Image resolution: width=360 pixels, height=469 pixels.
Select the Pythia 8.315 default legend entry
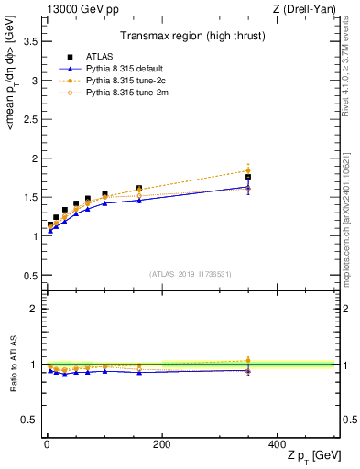(x=114, y=69)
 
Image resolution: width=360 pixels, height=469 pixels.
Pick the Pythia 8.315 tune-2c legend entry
(x=114, y=80)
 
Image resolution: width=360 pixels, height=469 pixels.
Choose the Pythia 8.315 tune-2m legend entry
(x=114, y=91)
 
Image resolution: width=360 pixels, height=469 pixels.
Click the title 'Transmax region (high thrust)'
(x=191, y=38)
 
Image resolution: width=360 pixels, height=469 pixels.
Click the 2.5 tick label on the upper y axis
(x=29, y=119)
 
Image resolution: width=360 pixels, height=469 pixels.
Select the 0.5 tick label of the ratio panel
(x=29, y=420)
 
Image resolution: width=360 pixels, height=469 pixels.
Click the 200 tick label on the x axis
(x=161, y=444)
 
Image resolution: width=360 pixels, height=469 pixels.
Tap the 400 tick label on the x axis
(x=277, y=444)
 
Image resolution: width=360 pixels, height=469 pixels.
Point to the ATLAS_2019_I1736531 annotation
(x=190, y=273)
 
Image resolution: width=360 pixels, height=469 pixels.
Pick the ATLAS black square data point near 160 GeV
(x=139, y=189)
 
